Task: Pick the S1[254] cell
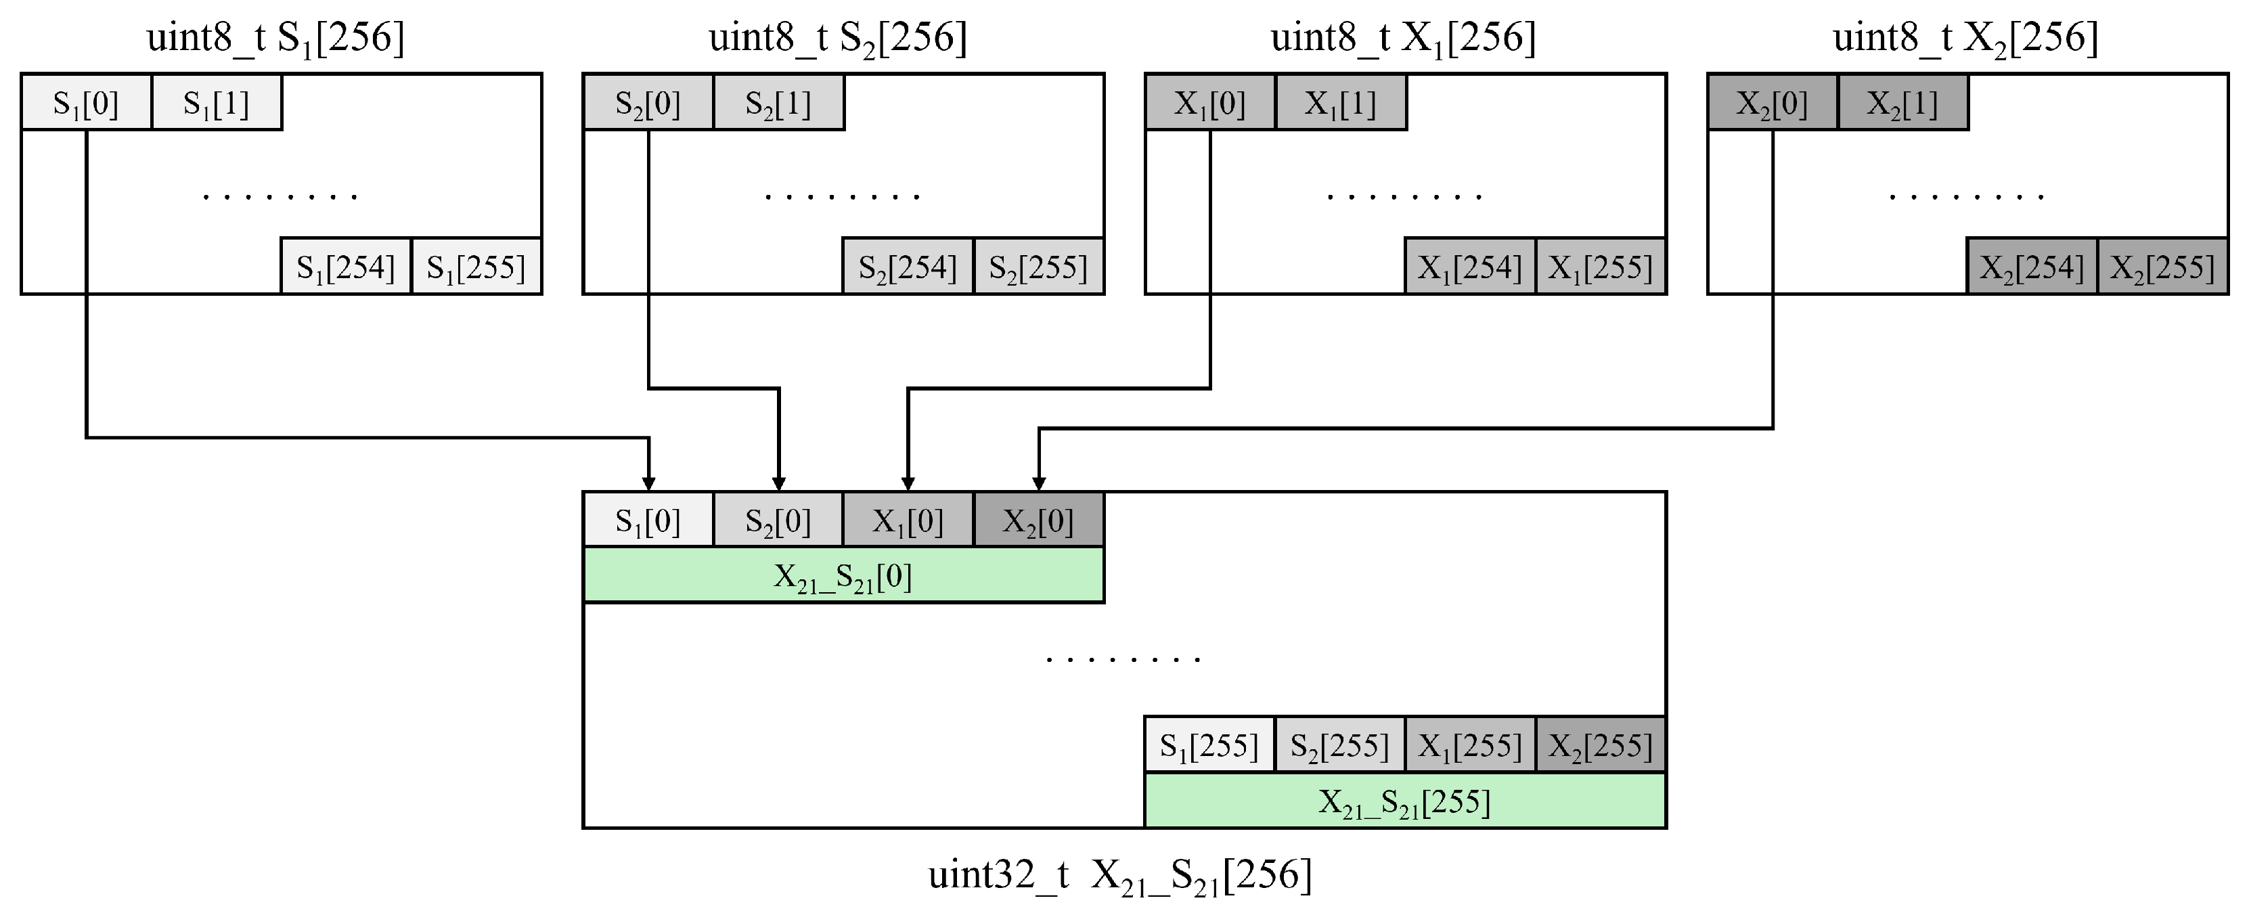[x=346, y=267]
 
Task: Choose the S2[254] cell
[x=908, y=267]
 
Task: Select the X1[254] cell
[x=1470, y=267]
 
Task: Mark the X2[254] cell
[x=2032, y=267]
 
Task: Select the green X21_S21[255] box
[x=1405, y=801]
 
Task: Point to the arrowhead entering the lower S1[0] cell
[x=648, y=484]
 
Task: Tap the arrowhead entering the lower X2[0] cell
[x=1038, y=484]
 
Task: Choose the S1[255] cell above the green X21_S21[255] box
[x=1209, y=745]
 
